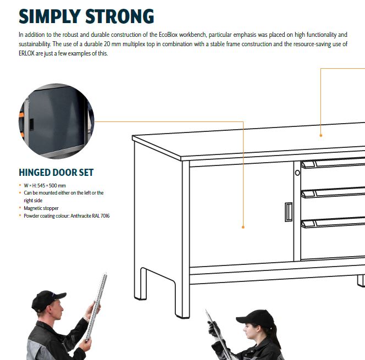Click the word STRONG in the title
120,16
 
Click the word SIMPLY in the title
50,16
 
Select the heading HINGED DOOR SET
56,173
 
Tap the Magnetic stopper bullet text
41,208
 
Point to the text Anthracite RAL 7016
90,215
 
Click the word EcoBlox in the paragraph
168,35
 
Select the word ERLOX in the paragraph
26,53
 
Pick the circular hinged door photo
56,121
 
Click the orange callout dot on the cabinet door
243,227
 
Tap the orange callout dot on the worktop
321,135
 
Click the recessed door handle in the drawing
289,212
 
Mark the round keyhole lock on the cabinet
297,173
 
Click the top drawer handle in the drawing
333,163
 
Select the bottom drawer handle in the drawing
333,223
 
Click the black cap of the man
48,300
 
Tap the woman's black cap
256,318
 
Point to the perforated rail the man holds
96,307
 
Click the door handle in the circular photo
31,125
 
